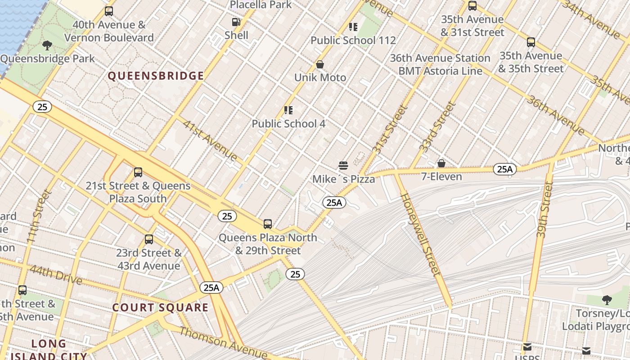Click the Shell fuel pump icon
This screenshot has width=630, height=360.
click(x=236, y=22)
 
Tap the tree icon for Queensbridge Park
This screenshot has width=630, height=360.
click(x=47, y=45)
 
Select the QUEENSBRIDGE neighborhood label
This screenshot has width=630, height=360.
click(x=156, y=76)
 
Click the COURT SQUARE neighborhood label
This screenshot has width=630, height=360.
click(x=160, y=308)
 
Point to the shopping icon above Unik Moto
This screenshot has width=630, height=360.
click(x=320, y=65)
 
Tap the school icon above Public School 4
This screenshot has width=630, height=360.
click(x=288, y=110)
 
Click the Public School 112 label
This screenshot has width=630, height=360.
click(x=353, y=40)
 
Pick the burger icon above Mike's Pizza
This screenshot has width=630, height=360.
click(x=343, y=166)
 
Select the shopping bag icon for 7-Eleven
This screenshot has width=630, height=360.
click(x=441, y=163)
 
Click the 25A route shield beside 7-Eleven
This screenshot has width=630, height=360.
click(x=504, y=169)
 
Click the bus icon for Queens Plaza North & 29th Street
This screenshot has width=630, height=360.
click(x=268, y=224)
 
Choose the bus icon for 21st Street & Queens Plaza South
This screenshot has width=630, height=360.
click(x=138, y=172)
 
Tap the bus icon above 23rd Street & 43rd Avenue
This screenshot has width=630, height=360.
click(x=149, y=239)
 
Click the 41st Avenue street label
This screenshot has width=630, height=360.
click(x=210, y=140)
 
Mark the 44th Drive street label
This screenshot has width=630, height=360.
click(x=56, y=275)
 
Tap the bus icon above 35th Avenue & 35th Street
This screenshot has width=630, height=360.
click(x=531, y=42)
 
